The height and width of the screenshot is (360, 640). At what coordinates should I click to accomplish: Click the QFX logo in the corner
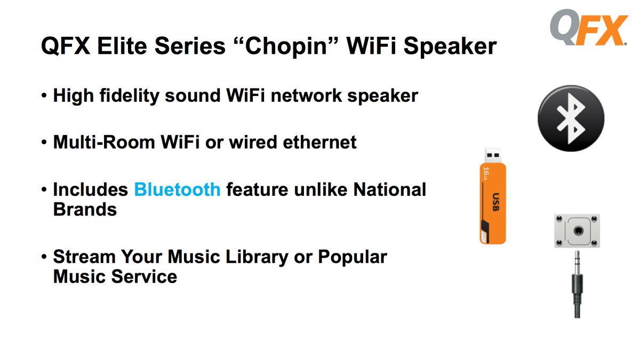click(589, 27)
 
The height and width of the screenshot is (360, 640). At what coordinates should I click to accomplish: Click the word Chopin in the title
click(286, 47)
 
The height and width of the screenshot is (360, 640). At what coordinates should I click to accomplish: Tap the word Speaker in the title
click(450, 47)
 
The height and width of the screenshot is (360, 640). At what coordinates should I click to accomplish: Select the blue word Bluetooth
click(177, 190)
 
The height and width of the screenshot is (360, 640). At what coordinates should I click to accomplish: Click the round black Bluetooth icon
click(571, 118)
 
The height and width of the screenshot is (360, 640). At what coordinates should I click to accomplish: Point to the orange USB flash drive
click(493, 196)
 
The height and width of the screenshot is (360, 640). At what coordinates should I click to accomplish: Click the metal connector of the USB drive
click(493, 155)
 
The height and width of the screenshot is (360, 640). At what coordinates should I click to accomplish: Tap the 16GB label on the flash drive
click(486, 173)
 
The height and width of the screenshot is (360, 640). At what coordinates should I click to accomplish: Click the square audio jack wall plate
click(577, 231)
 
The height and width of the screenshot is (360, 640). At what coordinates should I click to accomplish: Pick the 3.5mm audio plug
click(577, 284)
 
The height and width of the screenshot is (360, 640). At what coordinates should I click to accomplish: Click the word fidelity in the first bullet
click(129, 96)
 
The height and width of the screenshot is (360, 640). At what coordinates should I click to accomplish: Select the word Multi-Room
click(104, 142)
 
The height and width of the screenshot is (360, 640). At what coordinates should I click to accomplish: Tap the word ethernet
click(319, 142)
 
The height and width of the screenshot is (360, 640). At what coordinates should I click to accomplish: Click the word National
click(389, 190)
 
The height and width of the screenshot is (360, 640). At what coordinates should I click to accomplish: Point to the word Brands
click(85, 210)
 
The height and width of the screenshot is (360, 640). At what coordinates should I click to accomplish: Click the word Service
click(144, 277)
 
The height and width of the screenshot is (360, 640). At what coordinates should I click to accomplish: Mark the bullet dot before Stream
click(44, 257)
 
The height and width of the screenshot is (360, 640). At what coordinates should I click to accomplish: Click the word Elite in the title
click(122, 46)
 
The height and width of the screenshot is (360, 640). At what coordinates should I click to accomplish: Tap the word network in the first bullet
click(306, 95)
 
